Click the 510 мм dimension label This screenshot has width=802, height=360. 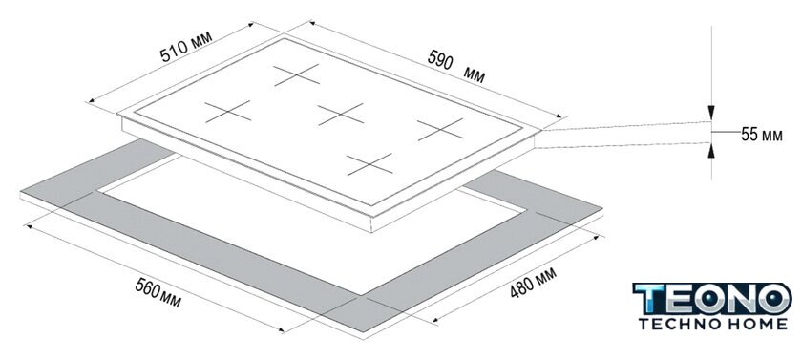185,46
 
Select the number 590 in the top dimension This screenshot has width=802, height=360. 440,59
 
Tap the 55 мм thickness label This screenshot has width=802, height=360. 762,135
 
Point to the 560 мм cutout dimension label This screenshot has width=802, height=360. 158,292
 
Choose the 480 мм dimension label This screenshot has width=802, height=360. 533,283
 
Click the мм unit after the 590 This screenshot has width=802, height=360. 475,75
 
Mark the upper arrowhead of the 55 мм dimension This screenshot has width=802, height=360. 711,114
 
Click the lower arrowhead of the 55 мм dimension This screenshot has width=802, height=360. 711,151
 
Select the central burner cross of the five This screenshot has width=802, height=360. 341,114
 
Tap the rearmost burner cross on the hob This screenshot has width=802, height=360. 297,74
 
